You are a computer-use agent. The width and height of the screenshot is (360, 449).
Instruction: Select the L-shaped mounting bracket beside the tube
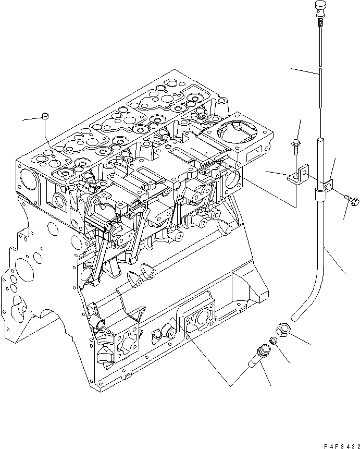[x=298, y=176]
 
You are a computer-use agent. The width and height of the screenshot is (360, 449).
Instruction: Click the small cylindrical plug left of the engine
[x=45, y=115]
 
